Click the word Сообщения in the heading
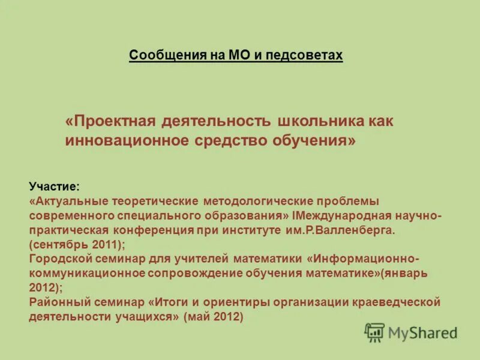(x=162, y=56)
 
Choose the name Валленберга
(x=356, y=230)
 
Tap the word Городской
(x=58, y=259)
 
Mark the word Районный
(x=56, y=302)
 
